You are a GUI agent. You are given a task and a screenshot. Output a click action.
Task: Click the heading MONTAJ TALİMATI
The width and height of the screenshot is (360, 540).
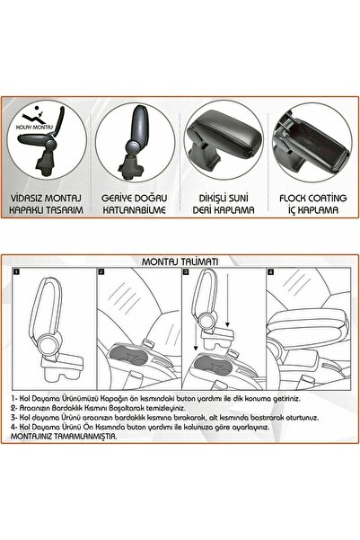coord(180,261)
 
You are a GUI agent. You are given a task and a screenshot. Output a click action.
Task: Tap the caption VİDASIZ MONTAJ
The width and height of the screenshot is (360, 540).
coord(46,199)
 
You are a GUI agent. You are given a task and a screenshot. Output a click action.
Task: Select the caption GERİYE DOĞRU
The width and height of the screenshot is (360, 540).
coord(135,199)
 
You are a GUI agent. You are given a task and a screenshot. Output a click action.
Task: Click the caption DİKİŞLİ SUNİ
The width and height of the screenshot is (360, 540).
coord(224,199)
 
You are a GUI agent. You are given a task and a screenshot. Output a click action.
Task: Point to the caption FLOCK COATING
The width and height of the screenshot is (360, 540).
coord(312,199)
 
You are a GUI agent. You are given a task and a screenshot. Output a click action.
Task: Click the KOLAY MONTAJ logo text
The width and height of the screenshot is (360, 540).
coord(34,127)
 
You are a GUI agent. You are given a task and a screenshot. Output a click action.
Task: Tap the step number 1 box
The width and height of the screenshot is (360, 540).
coord(16,271)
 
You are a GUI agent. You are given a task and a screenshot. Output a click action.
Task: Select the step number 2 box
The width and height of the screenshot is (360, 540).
coord(101,271)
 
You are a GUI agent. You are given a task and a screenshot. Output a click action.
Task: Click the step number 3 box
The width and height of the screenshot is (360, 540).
coord(186,271)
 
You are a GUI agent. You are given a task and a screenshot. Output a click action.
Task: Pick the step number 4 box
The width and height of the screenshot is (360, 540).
coord(270,271)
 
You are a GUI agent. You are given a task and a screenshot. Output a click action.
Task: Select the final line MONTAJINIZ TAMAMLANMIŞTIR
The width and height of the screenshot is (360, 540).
coord(64,437)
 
